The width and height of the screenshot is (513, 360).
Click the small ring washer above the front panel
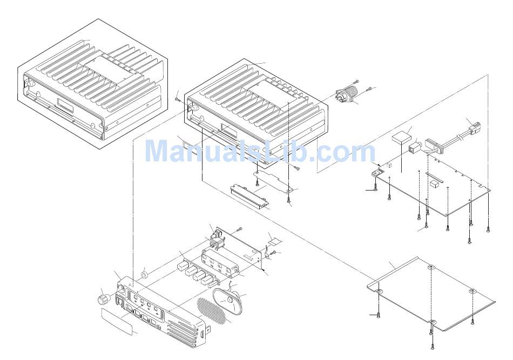pyautogui.click(x=145, y=275)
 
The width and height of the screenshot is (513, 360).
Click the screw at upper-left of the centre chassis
pyautogui.click(x=178, y=98)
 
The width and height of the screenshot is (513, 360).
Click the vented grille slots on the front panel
pyautogui.click(x=181, y=328)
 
